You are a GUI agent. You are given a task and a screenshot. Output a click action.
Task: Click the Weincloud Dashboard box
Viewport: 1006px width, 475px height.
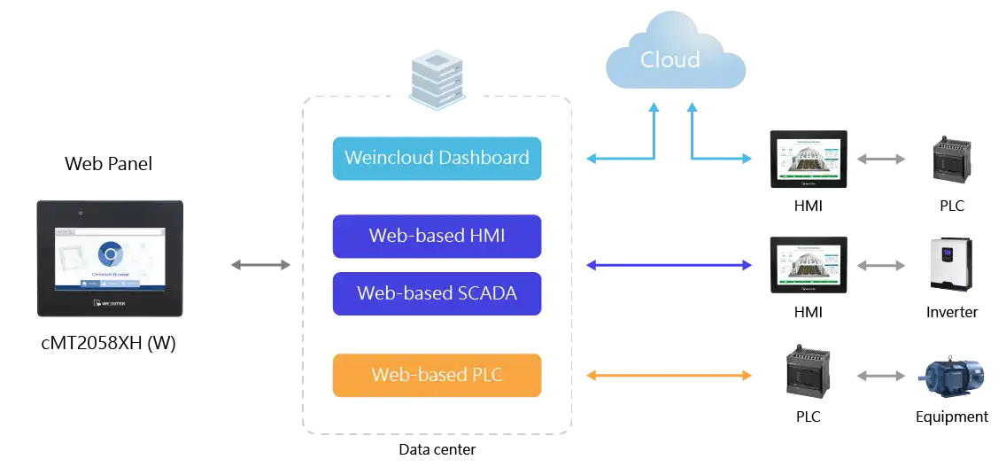click(437, 159)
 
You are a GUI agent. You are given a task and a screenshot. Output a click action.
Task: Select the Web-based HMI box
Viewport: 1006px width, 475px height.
click(437, 237)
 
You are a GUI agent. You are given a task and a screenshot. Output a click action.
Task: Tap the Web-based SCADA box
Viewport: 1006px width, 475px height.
click(437, 293)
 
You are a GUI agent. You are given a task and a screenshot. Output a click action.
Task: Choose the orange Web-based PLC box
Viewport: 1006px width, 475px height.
click(437, 375)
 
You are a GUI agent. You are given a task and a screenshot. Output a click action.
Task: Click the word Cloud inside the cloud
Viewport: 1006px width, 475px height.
click(669, 59)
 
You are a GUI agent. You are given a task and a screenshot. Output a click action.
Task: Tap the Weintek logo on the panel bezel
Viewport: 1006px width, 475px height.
click(110, 304)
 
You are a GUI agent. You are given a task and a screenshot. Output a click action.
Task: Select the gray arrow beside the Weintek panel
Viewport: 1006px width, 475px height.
click(258, 264)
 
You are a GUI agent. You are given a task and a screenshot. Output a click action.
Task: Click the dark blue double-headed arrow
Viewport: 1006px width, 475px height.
click(669, 264)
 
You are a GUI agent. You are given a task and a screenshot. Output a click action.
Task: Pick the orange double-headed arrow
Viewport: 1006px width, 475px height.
click(669, 376)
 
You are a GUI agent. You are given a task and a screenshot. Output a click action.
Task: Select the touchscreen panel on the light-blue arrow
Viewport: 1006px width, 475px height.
click(807, 160)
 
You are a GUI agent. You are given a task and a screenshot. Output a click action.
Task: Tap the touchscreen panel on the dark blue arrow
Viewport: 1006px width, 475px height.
click(807, 265)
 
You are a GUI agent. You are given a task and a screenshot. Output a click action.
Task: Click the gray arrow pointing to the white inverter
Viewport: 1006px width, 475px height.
click(880, 264)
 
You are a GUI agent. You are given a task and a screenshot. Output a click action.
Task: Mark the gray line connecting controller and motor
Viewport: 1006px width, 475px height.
click(878, 377)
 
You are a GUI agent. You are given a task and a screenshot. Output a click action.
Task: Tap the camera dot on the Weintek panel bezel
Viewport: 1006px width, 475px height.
click(80, 213)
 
